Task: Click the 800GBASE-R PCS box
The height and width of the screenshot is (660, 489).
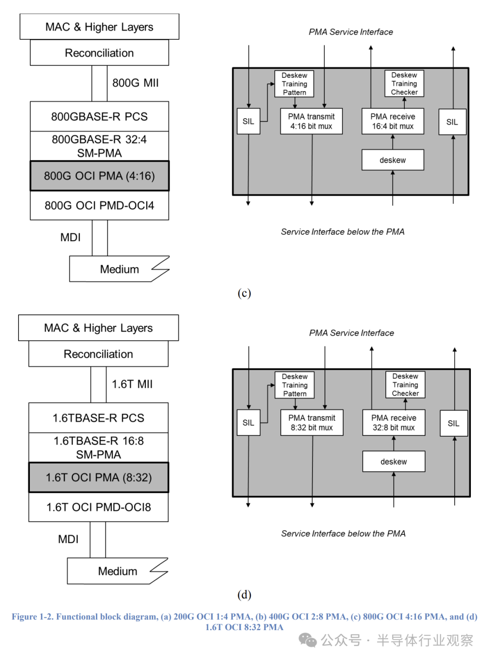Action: tap(99, 116)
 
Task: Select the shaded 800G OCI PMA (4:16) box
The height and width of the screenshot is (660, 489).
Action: tap(99, 176)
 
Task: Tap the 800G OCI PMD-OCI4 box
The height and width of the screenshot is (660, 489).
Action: tap(99, 205)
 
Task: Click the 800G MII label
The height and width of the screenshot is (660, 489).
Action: tap(135, 83)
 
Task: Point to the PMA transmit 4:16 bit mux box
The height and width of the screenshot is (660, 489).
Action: tap(311, 121)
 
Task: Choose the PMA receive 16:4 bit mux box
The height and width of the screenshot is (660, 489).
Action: tap(393, 121)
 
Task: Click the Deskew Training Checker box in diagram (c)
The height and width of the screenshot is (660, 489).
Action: tap(404, 84)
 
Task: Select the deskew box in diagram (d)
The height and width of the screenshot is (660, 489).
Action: tap(393, 461)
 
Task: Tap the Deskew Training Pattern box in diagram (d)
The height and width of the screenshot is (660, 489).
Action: tap(294, 385)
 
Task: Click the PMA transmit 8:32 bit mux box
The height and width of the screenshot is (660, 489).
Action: tap(312, 423)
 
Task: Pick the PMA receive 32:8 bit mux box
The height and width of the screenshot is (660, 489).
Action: tap(393, 423)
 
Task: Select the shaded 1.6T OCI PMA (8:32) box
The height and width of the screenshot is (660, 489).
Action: tap(98, 477)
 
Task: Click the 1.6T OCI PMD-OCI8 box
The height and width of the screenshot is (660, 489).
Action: tap(98, 507)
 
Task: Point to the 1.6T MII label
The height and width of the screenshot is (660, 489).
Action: tap(132, 384)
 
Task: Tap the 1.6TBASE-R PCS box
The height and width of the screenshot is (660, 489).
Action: tap(98, 418)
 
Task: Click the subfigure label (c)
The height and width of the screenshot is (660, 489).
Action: tap(244, 293)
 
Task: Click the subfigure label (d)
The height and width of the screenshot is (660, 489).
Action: tap(244, 594)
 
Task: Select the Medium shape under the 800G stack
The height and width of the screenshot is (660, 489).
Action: tap(119, 269)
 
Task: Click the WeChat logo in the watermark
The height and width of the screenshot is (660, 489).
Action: tap(307, 640)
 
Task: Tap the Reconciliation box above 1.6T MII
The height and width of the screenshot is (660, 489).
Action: tap(98, 354)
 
